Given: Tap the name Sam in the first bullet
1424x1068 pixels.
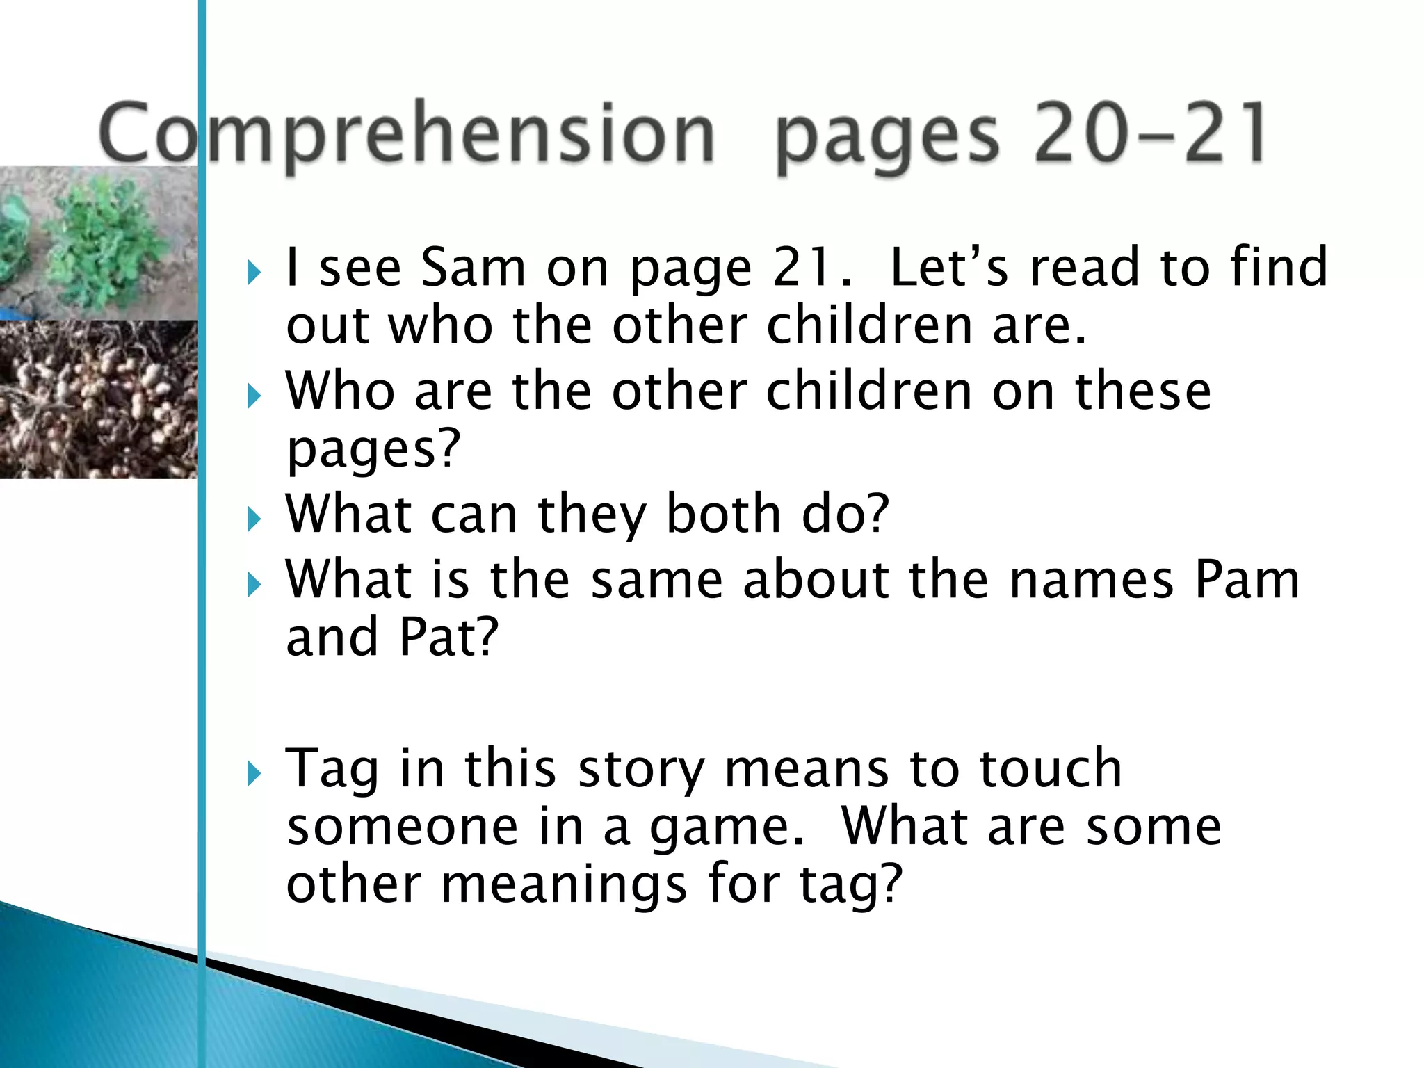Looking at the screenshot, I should coord(473,268).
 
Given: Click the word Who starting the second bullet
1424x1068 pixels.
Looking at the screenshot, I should coord(340,391).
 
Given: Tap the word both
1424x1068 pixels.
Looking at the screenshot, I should coord(723,514).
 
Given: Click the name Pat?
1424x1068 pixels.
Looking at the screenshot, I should coord(448,637).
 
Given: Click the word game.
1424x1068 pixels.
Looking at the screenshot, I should coord(727,827).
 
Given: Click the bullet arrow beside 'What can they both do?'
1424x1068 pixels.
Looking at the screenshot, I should coord(254,519).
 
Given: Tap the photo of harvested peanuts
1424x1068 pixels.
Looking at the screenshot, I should coord(97,400).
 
